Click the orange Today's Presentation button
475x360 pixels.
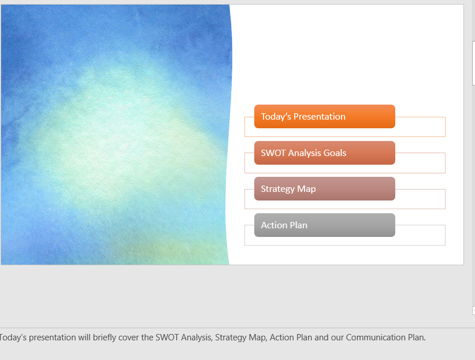(x=324, y=116)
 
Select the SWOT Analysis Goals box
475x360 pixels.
(x=324, y=153)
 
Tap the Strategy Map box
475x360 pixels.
(x=324, y=189)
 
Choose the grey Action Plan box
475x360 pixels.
(x=324, y=225)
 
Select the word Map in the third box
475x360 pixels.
(x=306, y=189)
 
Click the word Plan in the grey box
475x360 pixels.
(x=298, y=225)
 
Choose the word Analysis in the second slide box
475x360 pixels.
(x=305, y=153)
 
